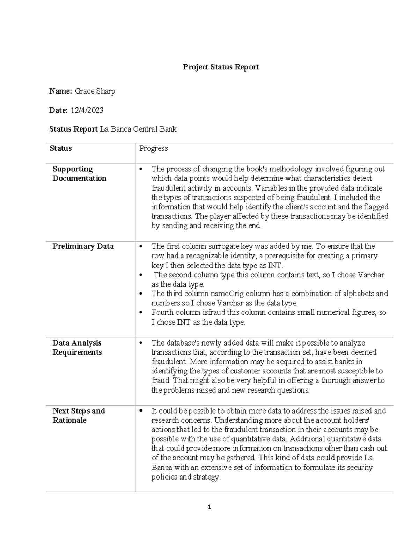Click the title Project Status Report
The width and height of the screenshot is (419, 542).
(221, 67)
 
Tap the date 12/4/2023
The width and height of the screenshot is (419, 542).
(87, 111)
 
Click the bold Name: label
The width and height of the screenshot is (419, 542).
(60, 91)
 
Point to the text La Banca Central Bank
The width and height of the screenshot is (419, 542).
(138, 129)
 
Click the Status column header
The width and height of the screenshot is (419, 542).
(61, 148)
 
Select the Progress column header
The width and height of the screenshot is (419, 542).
(153, 148)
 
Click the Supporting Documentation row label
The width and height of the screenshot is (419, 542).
(79, 174)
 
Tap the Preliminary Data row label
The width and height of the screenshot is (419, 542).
(83, 246)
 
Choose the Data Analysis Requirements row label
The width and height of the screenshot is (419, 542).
(77, 348)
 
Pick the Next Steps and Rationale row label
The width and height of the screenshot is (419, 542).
(79, 416)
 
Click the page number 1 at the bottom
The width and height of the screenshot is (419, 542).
(209, 507)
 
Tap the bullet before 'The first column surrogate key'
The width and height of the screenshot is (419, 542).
(141, 247)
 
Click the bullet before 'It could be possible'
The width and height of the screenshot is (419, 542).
(141, 411)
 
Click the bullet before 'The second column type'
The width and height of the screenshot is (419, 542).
(141, 275)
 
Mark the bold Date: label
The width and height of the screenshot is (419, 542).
(58, 111)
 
